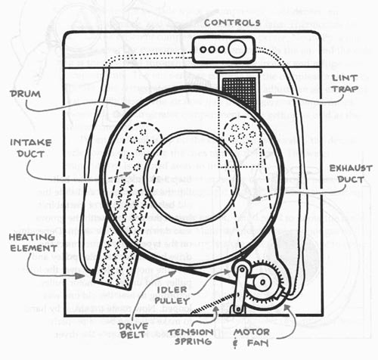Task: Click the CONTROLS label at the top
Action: coord(232,23)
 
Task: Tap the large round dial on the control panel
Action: coord(237,49)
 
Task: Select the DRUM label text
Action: coord(25,94)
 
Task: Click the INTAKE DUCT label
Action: coord(31,148)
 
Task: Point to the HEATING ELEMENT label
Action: coord(33,243)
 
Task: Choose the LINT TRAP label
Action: coord(345,83)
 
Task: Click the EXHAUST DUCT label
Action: coord(351,174)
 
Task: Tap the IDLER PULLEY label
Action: coord(172,295)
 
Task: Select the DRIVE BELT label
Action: coord(133,331)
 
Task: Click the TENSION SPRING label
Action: coord(191,337)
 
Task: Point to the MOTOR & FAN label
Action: coord(251,338)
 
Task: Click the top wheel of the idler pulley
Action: coord(241,269)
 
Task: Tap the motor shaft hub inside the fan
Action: coord(263,281)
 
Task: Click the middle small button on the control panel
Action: coord(212,49)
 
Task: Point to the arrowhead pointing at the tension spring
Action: coord(215,309)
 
